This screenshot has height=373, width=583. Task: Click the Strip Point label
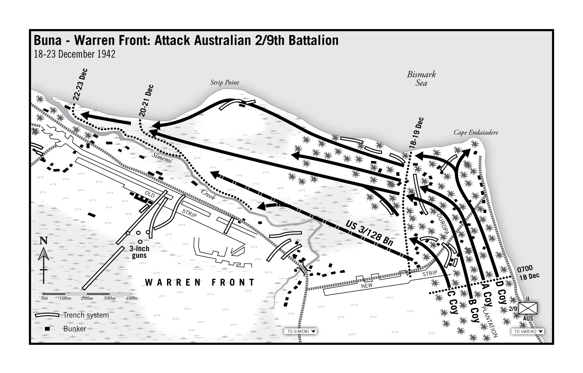pyautogui.click(x=225, y=83)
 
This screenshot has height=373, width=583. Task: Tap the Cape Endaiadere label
pyautogui.click(x=476, y=133)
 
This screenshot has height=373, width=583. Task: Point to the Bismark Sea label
pyautogui.click(x=421, y=79)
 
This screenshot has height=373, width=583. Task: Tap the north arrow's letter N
pyautogui.click(x=44, y=241)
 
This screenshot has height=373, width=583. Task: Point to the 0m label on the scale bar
pyautogui.click(x=44, y=298)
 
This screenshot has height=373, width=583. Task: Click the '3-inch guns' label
pyautogui.click(x=139, y=251)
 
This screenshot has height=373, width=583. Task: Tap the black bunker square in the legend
pyautogui.click(x=46, y=329)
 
